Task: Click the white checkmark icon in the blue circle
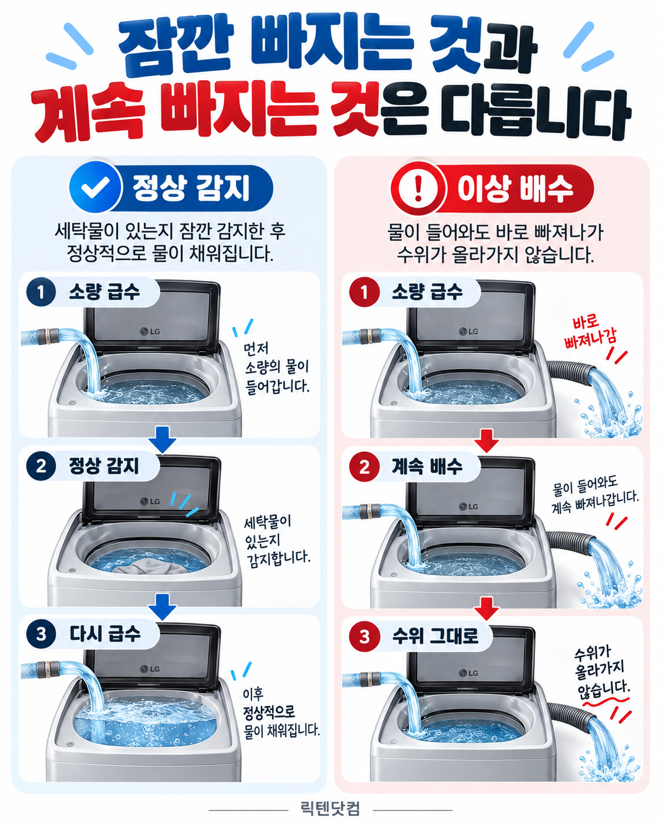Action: click(x=95, y=187)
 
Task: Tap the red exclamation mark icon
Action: click(x=418, y=188)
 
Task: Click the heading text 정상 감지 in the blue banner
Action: click(x=191, y=188)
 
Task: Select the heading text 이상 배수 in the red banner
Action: click(x=515, y=188)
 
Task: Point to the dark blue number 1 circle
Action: click(x=41, y=292)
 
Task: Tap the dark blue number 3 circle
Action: click(x=41, y=634)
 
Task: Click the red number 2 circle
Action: click(x=364, y=467)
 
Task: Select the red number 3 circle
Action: click(x=364, y=636)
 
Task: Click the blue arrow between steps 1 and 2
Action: click(x=163, y=439)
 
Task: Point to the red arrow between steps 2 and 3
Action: click(x=487, y=609)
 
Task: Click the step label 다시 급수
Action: click(x=105, y=634)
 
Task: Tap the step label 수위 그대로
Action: click(x=435, y=636)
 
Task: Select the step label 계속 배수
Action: click(x=427, y=467)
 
